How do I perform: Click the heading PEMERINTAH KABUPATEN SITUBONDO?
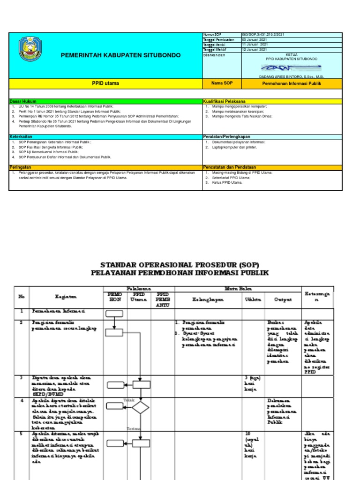[120, 55]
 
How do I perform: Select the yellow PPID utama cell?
[105, 83]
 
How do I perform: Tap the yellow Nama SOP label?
[221, 83]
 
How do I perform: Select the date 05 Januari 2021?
[255, 40]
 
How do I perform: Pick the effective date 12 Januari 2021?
[255, 49]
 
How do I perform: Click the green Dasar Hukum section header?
[23, 101]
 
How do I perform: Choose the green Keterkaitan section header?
[22, 136]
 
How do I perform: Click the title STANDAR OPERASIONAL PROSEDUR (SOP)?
[180, 264]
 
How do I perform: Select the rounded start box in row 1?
[114, 314]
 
